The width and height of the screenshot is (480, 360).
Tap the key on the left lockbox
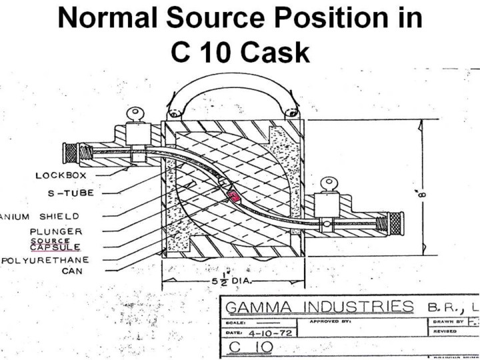tap(139, 115)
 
